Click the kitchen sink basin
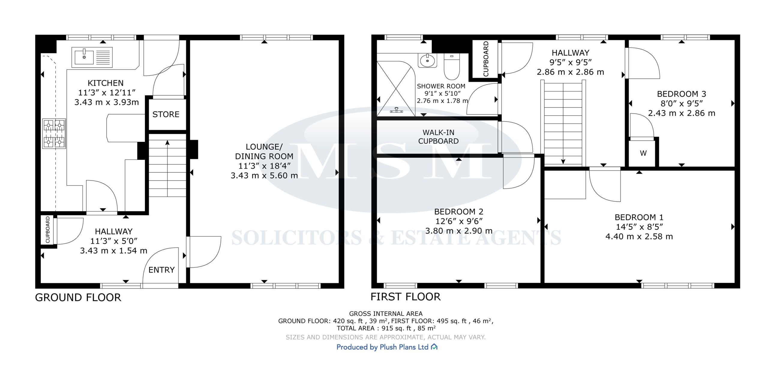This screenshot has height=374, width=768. point(84,57)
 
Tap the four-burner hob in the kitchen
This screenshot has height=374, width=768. point(54,133)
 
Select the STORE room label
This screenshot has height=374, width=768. point(166,114)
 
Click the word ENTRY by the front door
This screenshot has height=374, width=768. point(161,270)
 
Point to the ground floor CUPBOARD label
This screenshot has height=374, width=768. point(48,230)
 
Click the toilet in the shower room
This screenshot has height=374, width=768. point(451,67)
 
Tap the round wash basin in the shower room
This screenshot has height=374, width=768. point(427,60)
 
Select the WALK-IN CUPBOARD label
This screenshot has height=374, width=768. point(438,137)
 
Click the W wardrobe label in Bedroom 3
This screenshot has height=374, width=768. point(643,153)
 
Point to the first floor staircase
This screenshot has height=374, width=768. point(563,123)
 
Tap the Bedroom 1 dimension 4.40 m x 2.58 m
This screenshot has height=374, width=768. point(639,237)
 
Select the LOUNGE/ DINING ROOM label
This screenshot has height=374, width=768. point(264,151)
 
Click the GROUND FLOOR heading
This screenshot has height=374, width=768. point(78,298)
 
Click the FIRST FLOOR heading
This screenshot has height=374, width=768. point(406,297)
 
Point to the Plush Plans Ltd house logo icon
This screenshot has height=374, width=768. point(434,347)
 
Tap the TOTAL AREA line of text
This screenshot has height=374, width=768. point(386,328)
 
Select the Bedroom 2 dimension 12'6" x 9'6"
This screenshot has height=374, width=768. point(459,221)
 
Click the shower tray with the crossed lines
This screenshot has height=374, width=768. point(396,88)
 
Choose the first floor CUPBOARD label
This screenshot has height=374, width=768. point(486,59)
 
